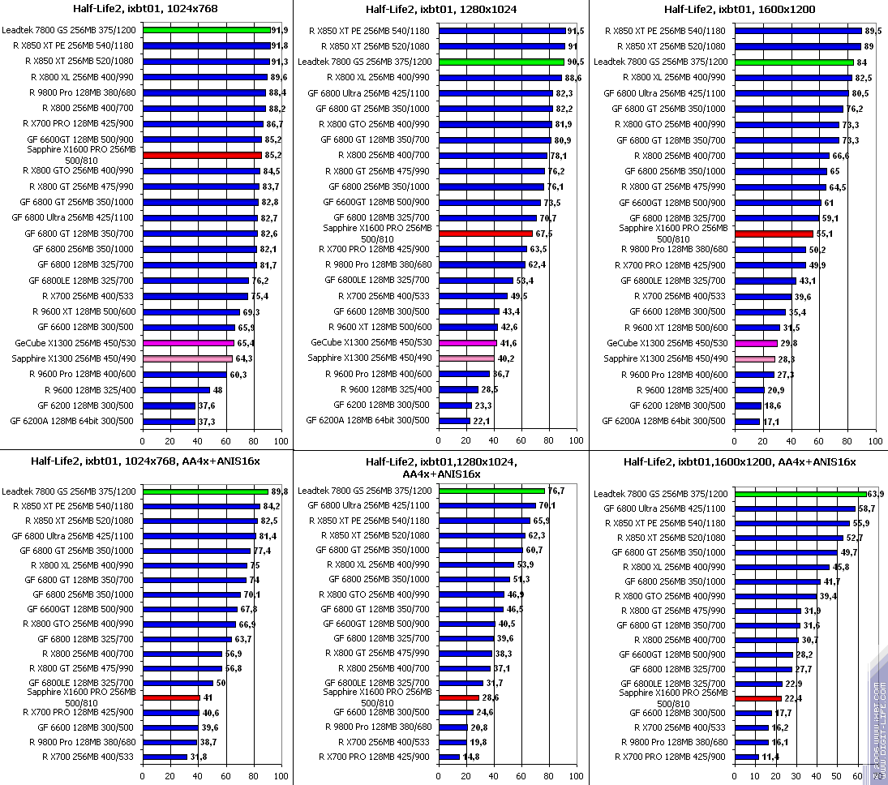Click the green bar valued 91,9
[207, 30]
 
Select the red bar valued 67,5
[486, 234]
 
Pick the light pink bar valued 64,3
[187, 358]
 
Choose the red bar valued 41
[171, 697]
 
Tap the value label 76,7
[556, 491]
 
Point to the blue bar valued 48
[176, 390]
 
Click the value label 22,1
[483, 421]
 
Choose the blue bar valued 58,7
[795, 508]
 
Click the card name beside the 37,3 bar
[73, 421]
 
